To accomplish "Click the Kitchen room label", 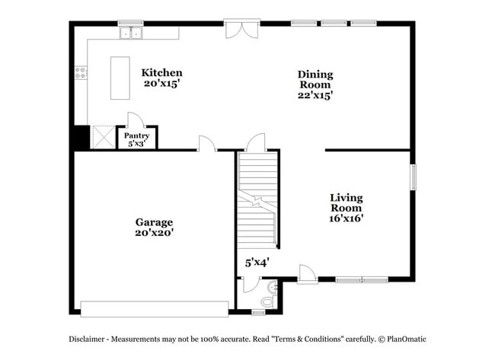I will (x=161, y=73).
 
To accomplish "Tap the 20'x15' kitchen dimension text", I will (x=161, y=84).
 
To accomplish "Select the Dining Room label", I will (x=315, y=80).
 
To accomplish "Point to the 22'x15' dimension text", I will (x=315, y=96).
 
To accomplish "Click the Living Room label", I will (x=346, y=202).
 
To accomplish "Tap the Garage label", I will (x=155, y=222).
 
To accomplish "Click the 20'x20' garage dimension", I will (x=155, y=234).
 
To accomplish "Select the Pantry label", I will (x=137, y=135).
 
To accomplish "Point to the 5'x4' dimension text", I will (x=257, y=263).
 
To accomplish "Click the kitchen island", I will (x=120, y=77).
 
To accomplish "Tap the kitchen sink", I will (x=131, y=33).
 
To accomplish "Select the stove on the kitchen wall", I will (x=80, y=73).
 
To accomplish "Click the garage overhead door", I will (x=155, y=308).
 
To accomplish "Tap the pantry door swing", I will (x=135, y=119).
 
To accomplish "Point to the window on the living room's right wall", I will (x=414, y=177).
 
